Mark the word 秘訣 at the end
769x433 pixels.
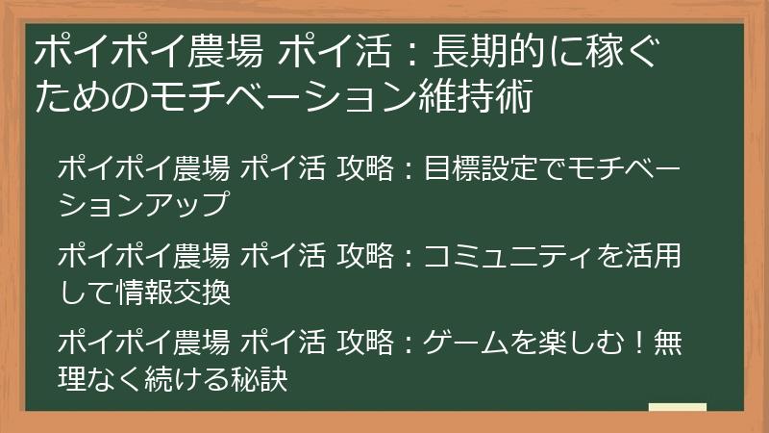point(260,380)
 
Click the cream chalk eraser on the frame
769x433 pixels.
point(677,409)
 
